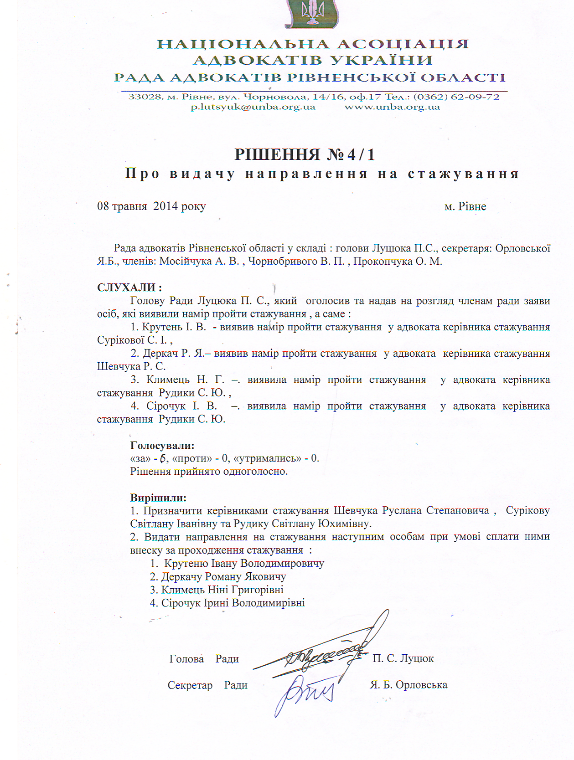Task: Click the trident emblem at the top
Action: [x=312, y=14]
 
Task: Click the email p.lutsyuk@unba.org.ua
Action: [x=253, y=107]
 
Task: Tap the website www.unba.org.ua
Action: [x=392, y=107]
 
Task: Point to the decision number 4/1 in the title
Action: [x=361, y=155]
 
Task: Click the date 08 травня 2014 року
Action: [x=151, y=206]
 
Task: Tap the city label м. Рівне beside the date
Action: [x=465, y=206]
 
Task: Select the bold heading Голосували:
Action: [x=162, y=445]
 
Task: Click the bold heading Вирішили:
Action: [x=158, y=498]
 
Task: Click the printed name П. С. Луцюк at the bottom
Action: [x=403, y=658]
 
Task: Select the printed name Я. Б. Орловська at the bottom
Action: [x=409, y=685]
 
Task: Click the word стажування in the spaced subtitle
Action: [x=463, y=174]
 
